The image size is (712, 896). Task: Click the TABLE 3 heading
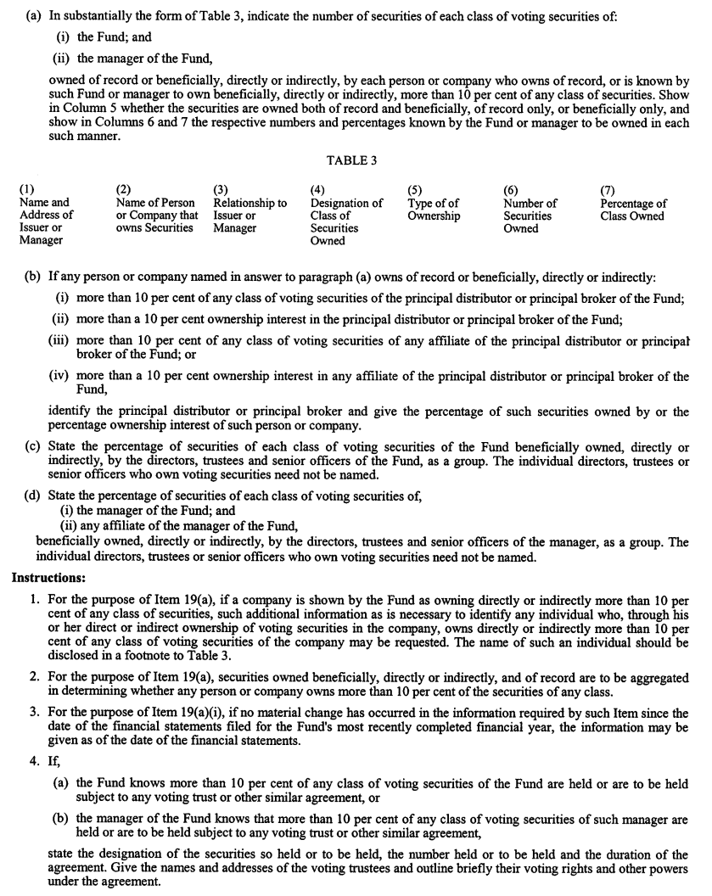(356, 161)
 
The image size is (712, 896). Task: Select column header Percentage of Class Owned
(632, 210)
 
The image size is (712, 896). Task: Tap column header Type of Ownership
(433, 210)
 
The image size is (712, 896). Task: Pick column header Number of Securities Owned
(530, 216)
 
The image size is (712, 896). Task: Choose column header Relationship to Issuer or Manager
(249, 216)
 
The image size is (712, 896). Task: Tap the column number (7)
(608, 191)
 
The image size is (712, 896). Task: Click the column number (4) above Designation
(317, 191)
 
